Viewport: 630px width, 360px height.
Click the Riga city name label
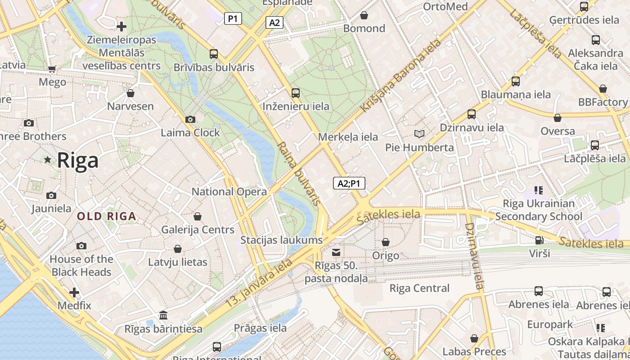78,161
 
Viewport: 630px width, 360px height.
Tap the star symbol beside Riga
48,159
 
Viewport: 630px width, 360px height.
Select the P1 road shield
233,18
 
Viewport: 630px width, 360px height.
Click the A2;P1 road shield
349,183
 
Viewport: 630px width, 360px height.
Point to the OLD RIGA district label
106,216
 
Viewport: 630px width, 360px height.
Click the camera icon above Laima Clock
190,119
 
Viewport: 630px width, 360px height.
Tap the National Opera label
229,191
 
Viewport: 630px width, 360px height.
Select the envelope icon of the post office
336,252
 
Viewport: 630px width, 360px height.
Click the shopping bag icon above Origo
386,242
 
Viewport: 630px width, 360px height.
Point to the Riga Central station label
419,288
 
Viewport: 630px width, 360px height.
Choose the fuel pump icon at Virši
539,240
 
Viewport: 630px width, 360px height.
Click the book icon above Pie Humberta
419,134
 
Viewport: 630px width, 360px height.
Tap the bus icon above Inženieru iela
296,93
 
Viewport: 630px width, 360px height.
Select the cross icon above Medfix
74,292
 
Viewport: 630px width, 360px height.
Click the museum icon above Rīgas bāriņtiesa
163,315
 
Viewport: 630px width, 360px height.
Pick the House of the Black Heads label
81,265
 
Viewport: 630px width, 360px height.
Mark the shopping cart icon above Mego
52,69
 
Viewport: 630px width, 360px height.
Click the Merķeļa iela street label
348,137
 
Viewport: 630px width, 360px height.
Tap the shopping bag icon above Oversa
558,118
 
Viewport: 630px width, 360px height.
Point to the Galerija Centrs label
198,229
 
